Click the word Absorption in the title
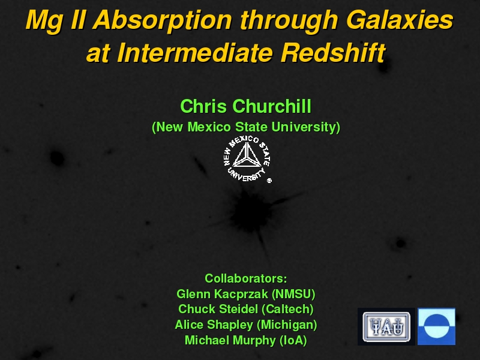(x=163, y=21)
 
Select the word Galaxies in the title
(x=400, y=20)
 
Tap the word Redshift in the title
(x=334, y=53)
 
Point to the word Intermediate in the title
(x=195, y=53)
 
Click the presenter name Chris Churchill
(x=245, y=106)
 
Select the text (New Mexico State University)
(x=246, y=127)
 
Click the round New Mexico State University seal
(x=247, y=159)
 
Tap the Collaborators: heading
(x=246, y=278)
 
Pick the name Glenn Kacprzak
(x=222, y=294)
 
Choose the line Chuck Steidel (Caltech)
(x=246, y=309)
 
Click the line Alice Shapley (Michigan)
(x=246, y=325)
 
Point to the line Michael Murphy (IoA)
(x=246, y=340)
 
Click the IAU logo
(x=386, y=326)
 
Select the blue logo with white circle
(x=437, y=326)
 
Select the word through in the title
(x=289, y=21)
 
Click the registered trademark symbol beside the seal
(x=269, y=181)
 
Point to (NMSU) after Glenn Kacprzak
(x=293, y=294)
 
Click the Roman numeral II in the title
(x=78, y=20)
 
